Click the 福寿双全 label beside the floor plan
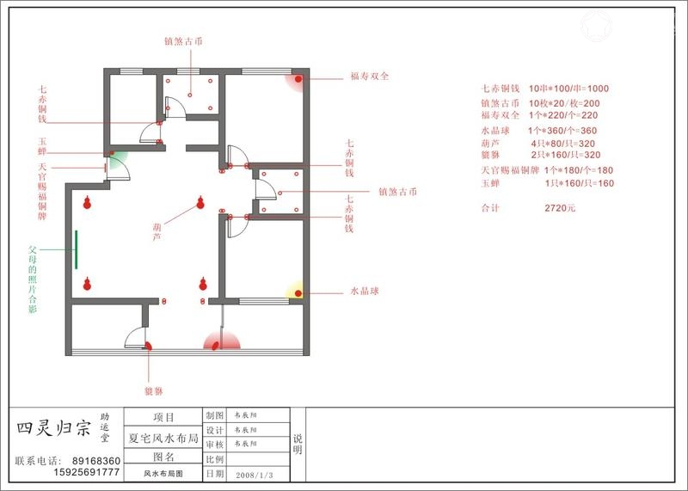[370, 76]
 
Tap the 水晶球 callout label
[364, 291]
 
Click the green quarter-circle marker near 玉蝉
[116, 159]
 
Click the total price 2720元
[560, 208]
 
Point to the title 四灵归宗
[52, 428]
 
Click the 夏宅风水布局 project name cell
[163, 438]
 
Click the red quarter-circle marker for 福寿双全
[300, 81]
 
